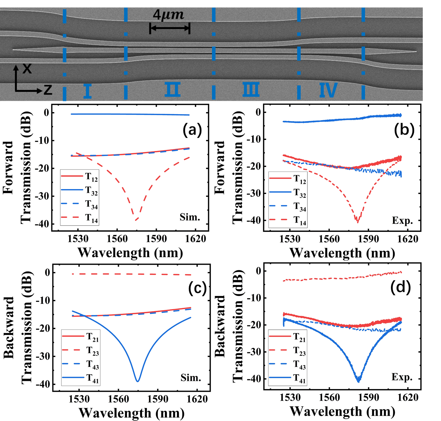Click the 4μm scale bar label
[x=168, y=15]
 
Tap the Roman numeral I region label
[x=87, y=91]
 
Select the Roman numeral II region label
[x=173, y=90]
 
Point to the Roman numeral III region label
[x=251, y=90]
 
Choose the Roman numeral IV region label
[x=328, y=90]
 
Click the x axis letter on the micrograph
[x=27, y=68]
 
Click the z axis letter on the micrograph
[x=48, y=90]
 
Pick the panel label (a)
[x=192, y=130]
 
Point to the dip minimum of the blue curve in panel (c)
[x=138, y=381]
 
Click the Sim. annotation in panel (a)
[x=190, y=217]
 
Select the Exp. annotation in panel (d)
[x=402, y=377]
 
